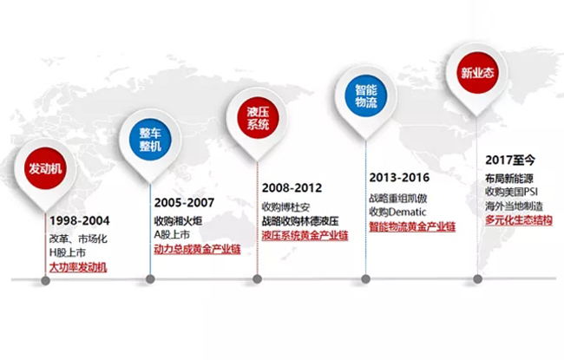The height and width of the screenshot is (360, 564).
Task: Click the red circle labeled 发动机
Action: click(x=45, y=168)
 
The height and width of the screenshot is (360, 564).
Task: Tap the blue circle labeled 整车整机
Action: click(x=150, y=140)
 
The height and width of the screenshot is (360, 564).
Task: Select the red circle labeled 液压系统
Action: click(x=258, y=118)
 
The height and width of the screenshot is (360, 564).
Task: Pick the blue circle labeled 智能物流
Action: click(x=366, y=95)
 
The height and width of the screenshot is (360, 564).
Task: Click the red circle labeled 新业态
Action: click(x=478, y=73)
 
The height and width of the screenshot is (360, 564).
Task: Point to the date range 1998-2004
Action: click(x=80, y=221)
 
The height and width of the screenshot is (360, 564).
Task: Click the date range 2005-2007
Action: click(x=184, y=203)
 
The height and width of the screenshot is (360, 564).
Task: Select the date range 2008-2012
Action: click(x=292, y=188)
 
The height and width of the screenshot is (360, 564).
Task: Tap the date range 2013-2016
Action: click(x=399, y=178)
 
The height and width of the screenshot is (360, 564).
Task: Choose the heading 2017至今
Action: click(x=510, y=160)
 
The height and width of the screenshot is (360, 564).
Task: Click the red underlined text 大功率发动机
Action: click(x=78, y=267)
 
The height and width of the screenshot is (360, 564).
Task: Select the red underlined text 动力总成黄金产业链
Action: click(x=197, y=249)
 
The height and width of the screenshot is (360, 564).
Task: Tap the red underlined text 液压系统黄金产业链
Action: click(x=305, y=236)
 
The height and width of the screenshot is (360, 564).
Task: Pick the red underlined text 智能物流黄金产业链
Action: click(x=412, y=227)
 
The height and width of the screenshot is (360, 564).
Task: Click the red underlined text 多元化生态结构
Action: click(x=519, y=220)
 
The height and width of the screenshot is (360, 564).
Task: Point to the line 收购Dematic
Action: click(x=397, y=213)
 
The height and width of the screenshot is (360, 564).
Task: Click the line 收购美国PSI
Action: click(x=511, y=192)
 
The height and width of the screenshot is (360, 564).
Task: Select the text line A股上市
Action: click(x=172, y=235)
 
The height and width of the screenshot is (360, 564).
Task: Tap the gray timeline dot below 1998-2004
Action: click(x=45, y=281)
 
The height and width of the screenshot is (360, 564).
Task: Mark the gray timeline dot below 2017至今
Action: click(x=478, y=279)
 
